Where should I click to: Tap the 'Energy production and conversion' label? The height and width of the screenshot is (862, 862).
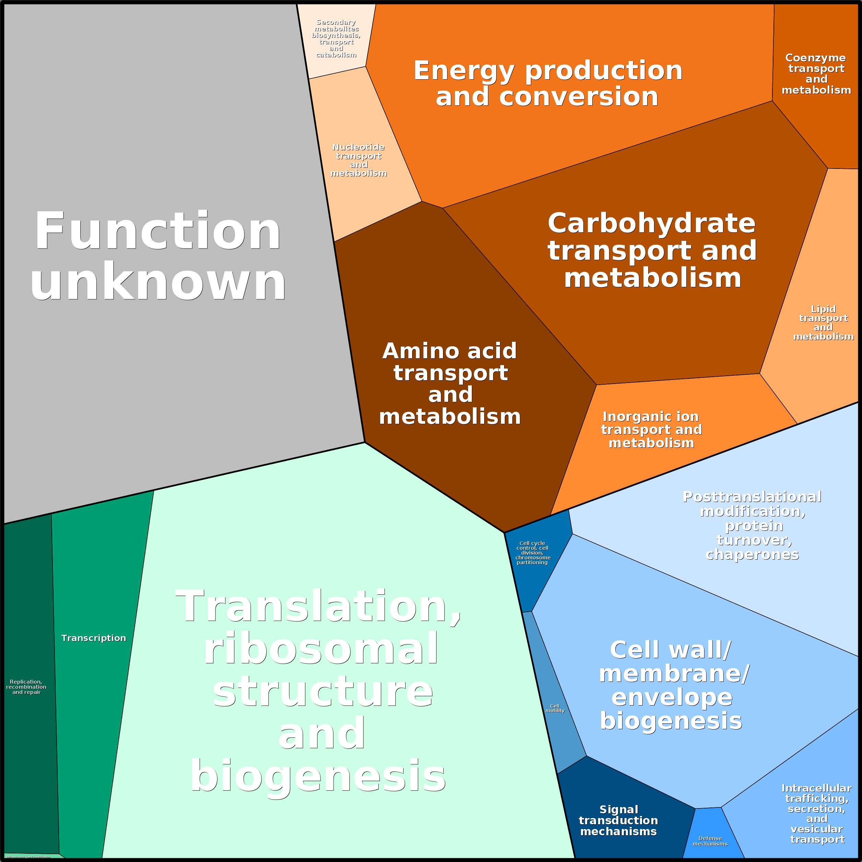548,83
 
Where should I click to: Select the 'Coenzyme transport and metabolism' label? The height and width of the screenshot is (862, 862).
816,74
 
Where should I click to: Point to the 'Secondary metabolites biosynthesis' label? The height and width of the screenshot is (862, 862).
336,38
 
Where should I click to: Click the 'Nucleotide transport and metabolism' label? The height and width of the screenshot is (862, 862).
359,160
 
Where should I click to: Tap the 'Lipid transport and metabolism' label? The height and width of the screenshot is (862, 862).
823,323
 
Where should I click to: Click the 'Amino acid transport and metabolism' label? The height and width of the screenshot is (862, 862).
450,384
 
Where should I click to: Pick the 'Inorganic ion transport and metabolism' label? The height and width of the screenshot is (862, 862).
651,430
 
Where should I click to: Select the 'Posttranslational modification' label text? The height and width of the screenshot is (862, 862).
752,526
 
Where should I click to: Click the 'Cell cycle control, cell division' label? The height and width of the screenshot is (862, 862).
533,553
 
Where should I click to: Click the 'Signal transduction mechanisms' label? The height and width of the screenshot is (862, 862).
618,820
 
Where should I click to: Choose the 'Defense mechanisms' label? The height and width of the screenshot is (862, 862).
710,841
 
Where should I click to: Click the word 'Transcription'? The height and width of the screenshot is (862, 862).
94,638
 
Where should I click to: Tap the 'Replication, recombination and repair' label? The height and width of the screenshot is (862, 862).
26,687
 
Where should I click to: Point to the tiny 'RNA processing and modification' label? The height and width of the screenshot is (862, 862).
28,857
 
